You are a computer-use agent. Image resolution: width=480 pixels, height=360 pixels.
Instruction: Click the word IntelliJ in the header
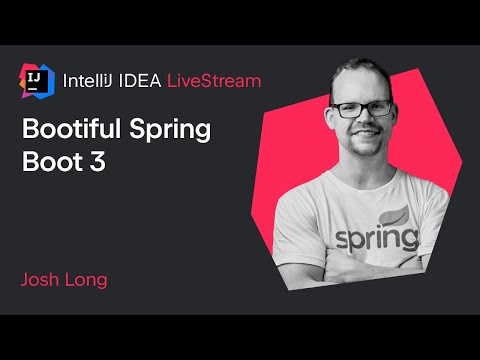click(87, 79)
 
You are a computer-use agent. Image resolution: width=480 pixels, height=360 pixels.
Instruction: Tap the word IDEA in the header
click(140, 79)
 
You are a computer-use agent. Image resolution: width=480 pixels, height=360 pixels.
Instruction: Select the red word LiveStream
click(214, 79)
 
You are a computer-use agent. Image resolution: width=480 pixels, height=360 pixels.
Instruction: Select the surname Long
click(87, 279)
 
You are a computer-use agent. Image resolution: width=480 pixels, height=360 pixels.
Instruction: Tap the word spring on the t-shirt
click(376, 240)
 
